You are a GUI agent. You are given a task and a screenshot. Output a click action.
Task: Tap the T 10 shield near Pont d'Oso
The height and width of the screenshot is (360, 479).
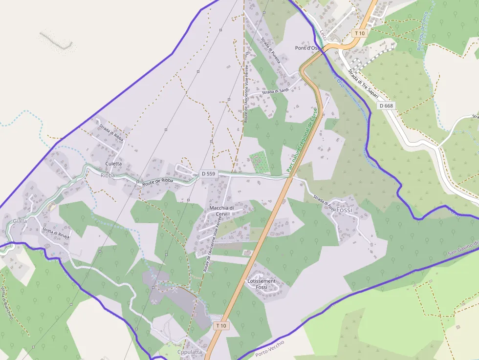coord(360,33)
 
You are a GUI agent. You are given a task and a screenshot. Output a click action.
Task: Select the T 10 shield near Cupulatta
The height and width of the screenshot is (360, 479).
coord(221,325)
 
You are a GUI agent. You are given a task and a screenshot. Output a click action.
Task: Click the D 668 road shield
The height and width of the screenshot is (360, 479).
coord(386,106)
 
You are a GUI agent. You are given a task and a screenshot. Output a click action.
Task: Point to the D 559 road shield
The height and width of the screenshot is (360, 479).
coord(208,173)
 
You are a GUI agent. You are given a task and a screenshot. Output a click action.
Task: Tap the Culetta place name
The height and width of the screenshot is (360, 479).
coord(113,164)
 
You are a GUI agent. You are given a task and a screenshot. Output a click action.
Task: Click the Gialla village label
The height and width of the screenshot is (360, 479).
coord(20,221)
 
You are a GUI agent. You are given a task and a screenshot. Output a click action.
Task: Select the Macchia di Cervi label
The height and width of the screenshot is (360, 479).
coord(221,211)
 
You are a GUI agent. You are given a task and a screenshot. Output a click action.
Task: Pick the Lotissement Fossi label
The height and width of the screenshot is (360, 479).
coord(261,284)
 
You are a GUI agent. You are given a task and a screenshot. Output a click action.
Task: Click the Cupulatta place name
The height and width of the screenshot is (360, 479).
coord(190,352)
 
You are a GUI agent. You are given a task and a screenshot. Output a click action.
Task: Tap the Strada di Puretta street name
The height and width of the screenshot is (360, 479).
coord(270,50)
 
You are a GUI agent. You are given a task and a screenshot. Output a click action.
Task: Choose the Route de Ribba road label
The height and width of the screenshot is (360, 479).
coord(157,182)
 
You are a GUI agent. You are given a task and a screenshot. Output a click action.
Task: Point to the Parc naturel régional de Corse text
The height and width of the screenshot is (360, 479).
coord(302,140)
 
